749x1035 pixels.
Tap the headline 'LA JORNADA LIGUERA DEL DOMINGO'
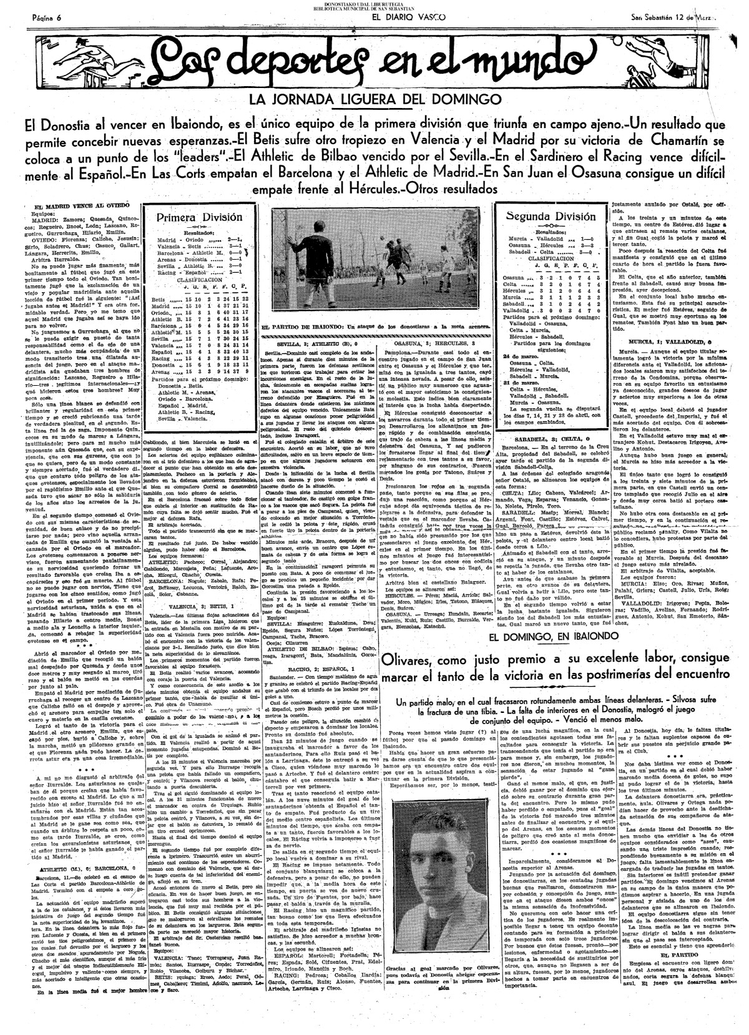tap(375, 99)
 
